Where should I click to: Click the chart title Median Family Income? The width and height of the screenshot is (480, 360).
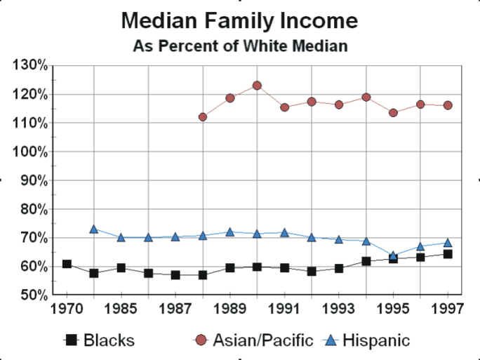coord(239,21)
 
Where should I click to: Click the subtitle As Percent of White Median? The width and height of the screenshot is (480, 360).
coord(240,47)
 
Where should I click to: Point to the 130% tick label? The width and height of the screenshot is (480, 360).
coord(30,65)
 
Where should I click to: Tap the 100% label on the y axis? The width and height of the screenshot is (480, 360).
coord(30,152)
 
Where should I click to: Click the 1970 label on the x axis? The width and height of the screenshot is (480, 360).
coord(67,309)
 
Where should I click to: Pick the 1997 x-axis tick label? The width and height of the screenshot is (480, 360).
coord(447,309)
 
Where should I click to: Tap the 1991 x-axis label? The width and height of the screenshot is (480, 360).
coord(284,309)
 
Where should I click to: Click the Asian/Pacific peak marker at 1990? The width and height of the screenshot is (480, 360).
coord(257,86)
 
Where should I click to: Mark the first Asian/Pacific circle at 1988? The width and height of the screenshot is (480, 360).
coord(203,116)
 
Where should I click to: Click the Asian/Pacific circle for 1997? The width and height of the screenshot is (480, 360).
coord(448,105)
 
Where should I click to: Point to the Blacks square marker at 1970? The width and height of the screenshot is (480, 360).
coord(67,264)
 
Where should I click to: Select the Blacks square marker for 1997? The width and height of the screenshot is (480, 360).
coord(448,254)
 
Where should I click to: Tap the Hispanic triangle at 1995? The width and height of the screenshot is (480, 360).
coord(394,256)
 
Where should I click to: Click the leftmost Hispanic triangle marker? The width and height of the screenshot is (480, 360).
coord(94,229)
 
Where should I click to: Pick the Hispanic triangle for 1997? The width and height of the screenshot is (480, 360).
coord(448,243)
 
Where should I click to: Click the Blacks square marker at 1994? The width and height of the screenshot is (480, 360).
coord(366,261)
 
